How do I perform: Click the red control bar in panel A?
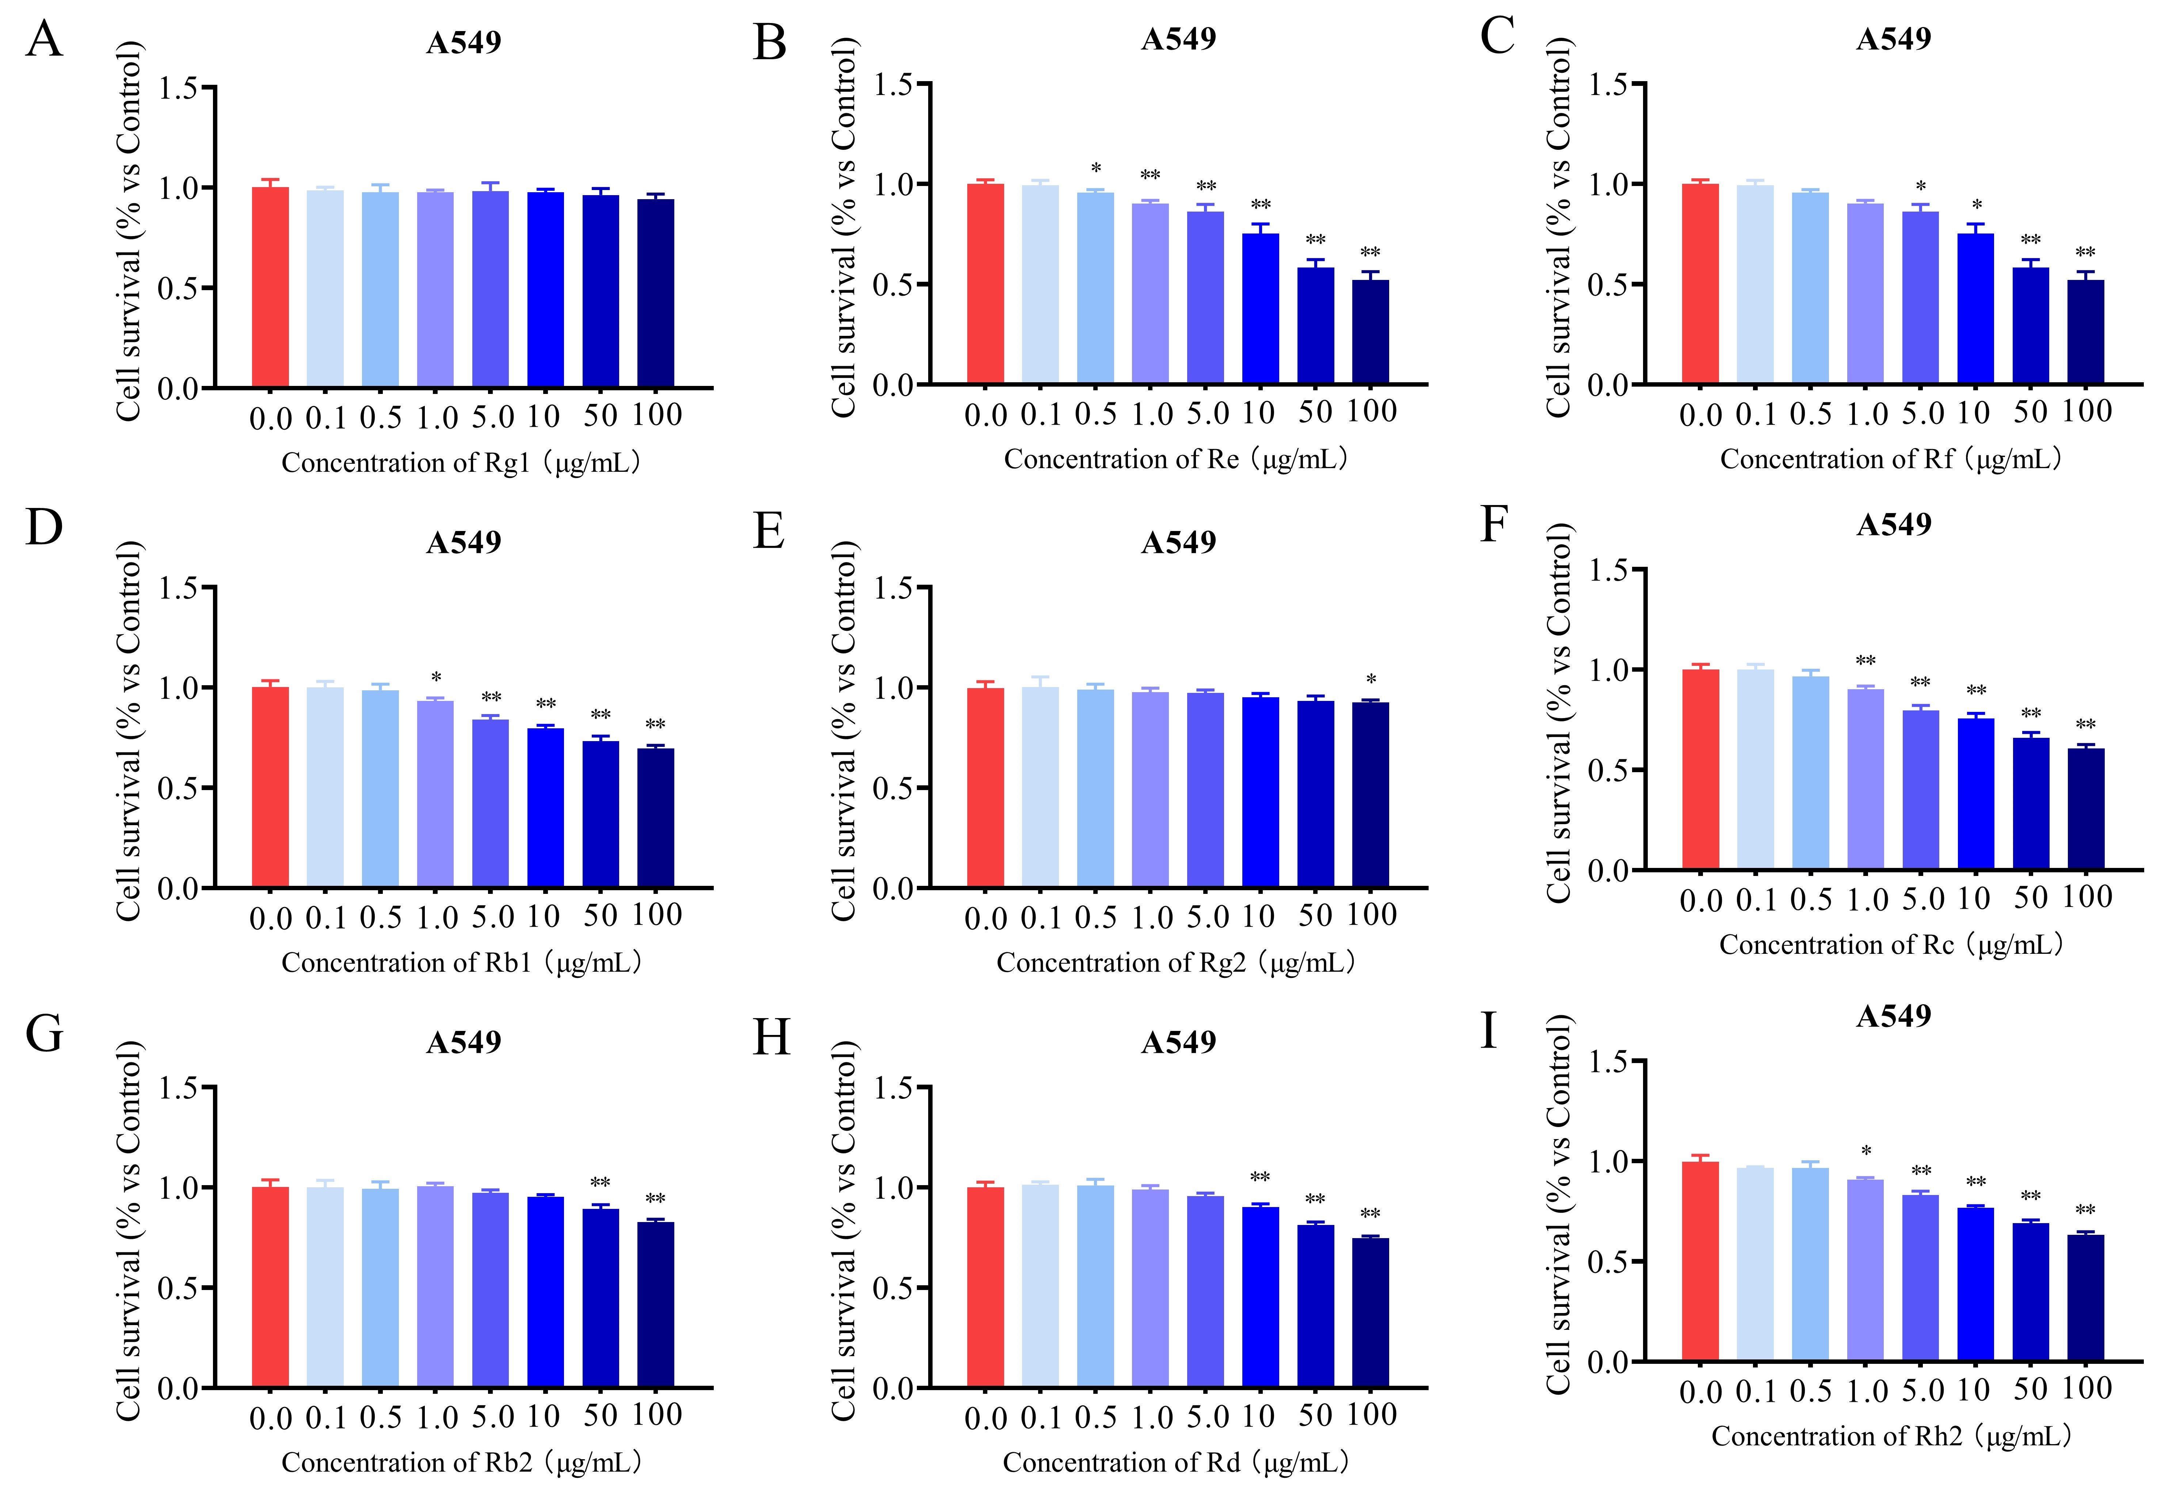coord(270,287)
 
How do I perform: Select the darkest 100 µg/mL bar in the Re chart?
coord(1371,332)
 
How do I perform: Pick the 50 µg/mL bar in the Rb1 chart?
coord(601,815)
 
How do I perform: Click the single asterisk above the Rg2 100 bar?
coord(1371,679)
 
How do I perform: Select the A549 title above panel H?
coord(1178,1042)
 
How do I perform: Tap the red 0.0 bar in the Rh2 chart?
coord(1701,1261)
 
